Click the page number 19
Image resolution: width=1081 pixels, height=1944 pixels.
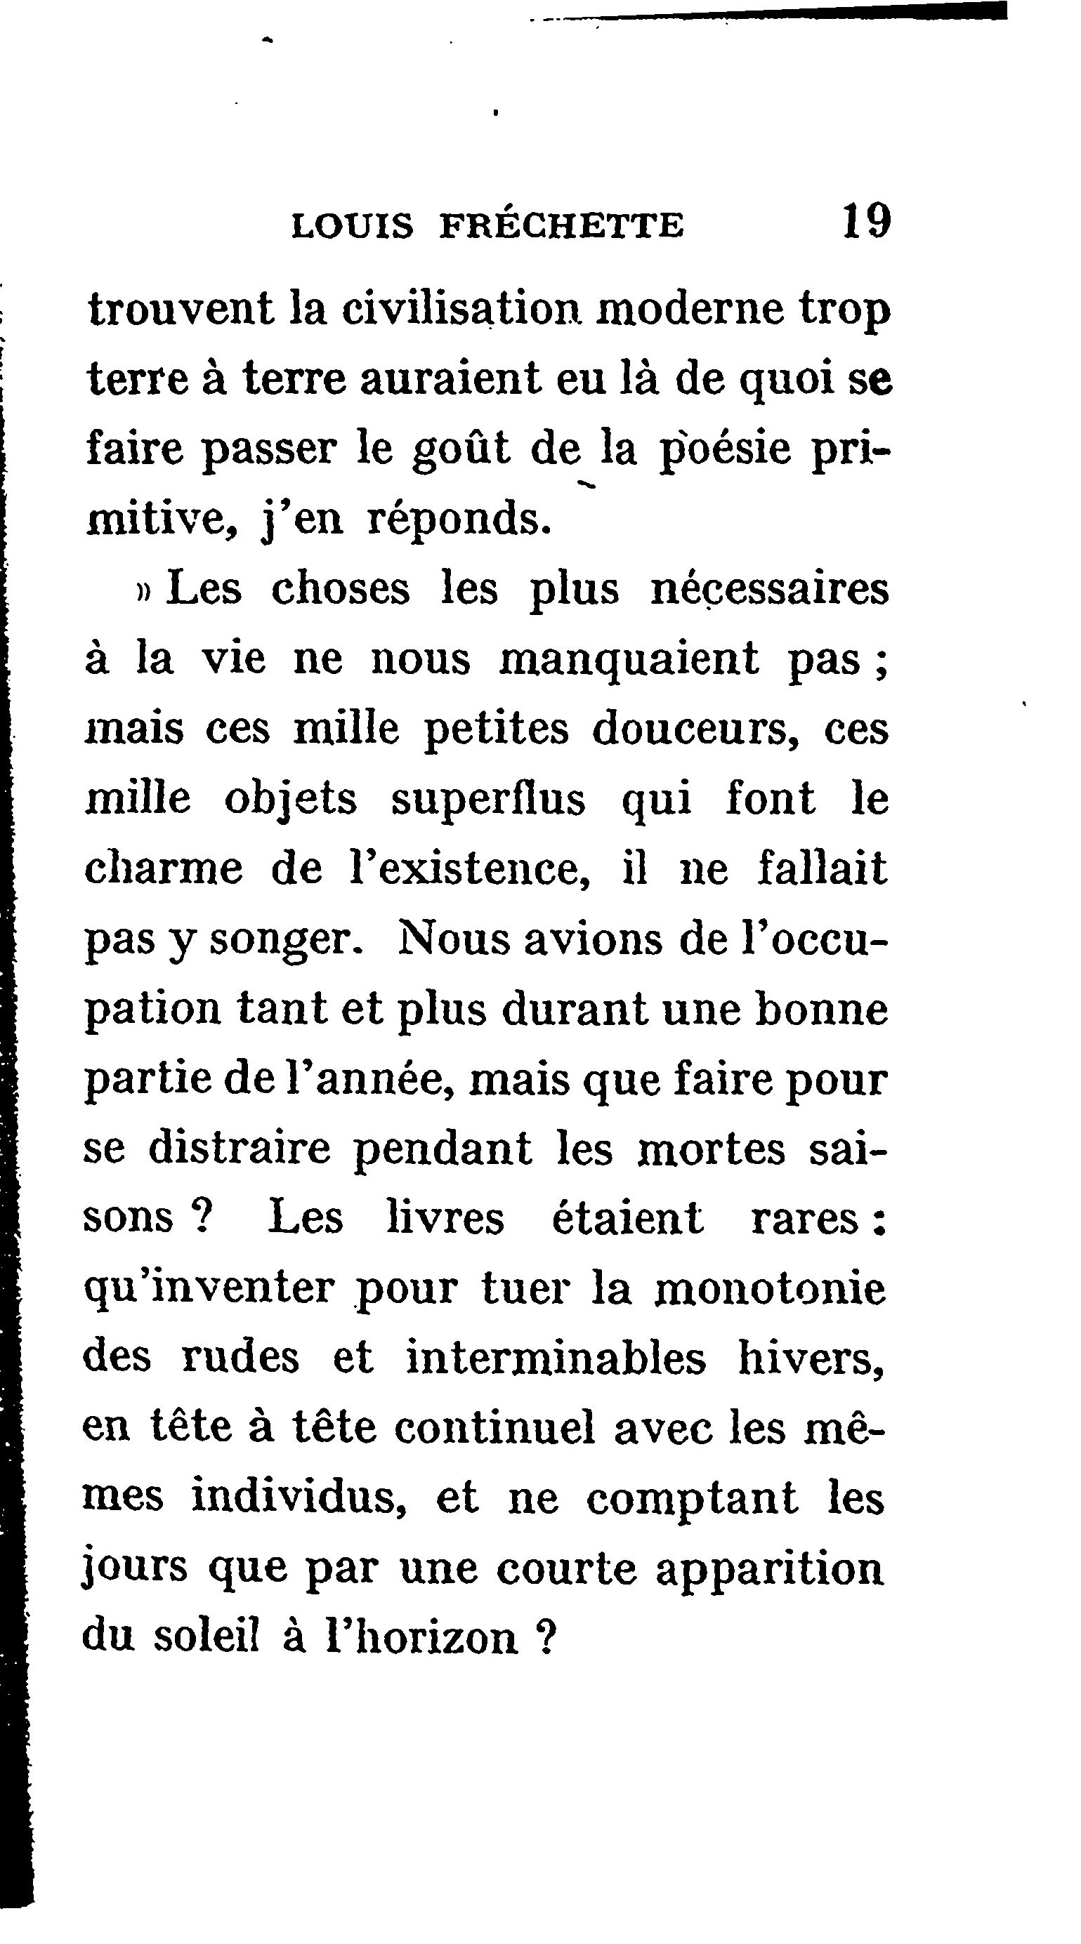coord(867,221)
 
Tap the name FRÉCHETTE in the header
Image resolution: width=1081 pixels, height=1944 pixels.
coord(562,225)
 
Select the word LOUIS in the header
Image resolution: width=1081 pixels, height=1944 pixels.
coord(353,225)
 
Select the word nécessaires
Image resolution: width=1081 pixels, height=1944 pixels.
coord(769,590)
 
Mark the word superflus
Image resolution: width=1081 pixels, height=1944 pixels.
coord(487,799)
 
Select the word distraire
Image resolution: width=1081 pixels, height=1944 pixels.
coord(240,1148)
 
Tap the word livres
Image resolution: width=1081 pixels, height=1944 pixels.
coord(445,1217)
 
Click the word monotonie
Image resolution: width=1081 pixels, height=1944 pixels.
coord(769,1288)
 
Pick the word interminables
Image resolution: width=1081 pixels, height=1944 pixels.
coord(556,1357)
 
